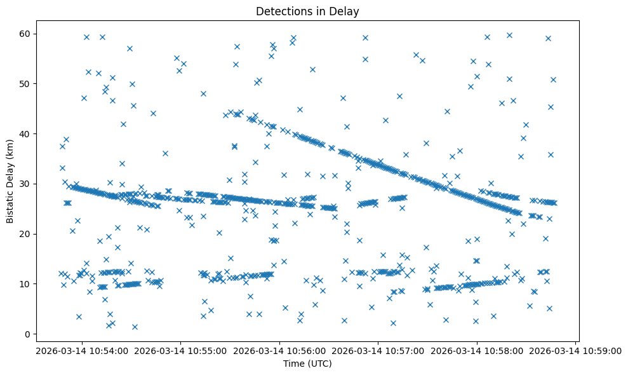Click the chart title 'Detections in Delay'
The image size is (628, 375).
coord(307,11)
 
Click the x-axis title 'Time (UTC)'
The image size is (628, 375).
coord(307,364)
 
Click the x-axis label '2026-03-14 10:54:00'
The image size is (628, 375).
coord(81,350)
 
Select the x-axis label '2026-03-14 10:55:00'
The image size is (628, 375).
coord(180,350)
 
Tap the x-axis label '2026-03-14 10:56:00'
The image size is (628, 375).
coord(279,350)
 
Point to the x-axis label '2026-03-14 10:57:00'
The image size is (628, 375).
coord(378,350)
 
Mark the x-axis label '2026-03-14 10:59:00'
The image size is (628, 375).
coord(575,350)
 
